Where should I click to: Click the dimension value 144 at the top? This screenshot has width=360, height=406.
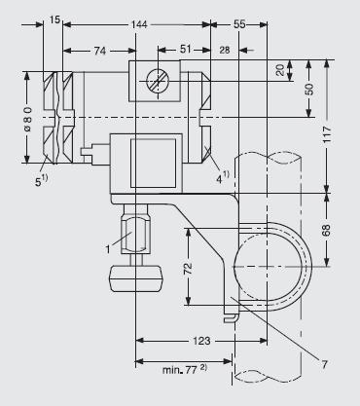[139, 24]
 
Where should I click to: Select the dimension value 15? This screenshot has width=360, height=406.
[55, 19]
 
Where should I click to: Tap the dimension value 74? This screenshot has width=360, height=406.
[100, 51]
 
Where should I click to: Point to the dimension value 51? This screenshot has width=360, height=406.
[186, 50]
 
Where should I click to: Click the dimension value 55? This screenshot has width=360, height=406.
[239, 24]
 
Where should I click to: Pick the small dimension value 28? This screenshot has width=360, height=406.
[225, 50]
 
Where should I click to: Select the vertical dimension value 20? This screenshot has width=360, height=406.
[280, 70]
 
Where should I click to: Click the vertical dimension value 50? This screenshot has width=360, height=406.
[309, 90]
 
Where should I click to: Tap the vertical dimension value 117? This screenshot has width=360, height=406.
[327, 134]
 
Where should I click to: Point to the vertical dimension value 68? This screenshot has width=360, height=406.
[326, 230]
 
